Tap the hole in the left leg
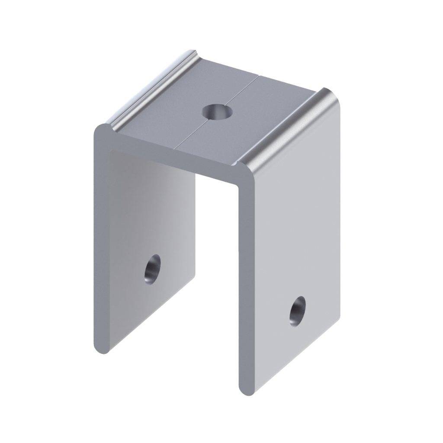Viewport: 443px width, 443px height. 153,268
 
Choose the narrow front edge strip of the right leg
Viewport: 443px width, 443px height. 244,281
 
